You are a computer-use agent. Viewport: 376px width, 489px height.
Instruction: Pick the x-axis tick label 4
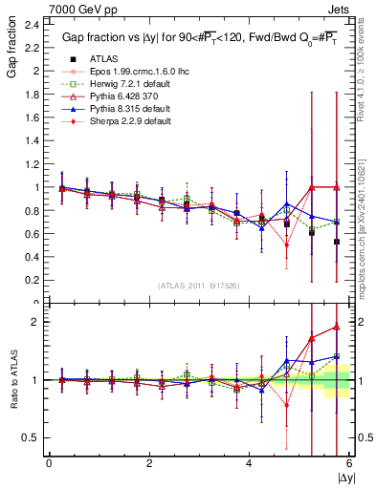249,463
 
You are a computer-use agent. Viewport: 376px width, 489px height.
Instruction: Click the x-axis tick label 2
149,463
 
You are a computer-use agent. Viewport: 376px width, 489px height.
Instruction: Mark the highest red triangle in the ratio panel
336,327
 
